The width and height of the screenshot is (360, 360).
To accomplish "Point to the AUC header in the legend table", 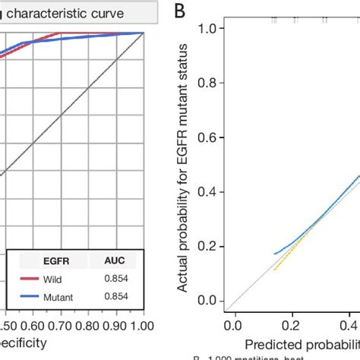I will (115, 261).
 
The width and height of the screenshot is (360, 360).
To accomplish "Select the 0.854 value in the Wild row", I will (115, 279).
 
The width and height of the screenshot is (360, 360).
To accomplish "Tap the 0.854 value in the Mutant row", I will (115, 298).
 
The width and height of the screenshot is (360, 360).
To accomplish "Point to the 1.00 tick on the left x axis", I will (141, 326).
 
